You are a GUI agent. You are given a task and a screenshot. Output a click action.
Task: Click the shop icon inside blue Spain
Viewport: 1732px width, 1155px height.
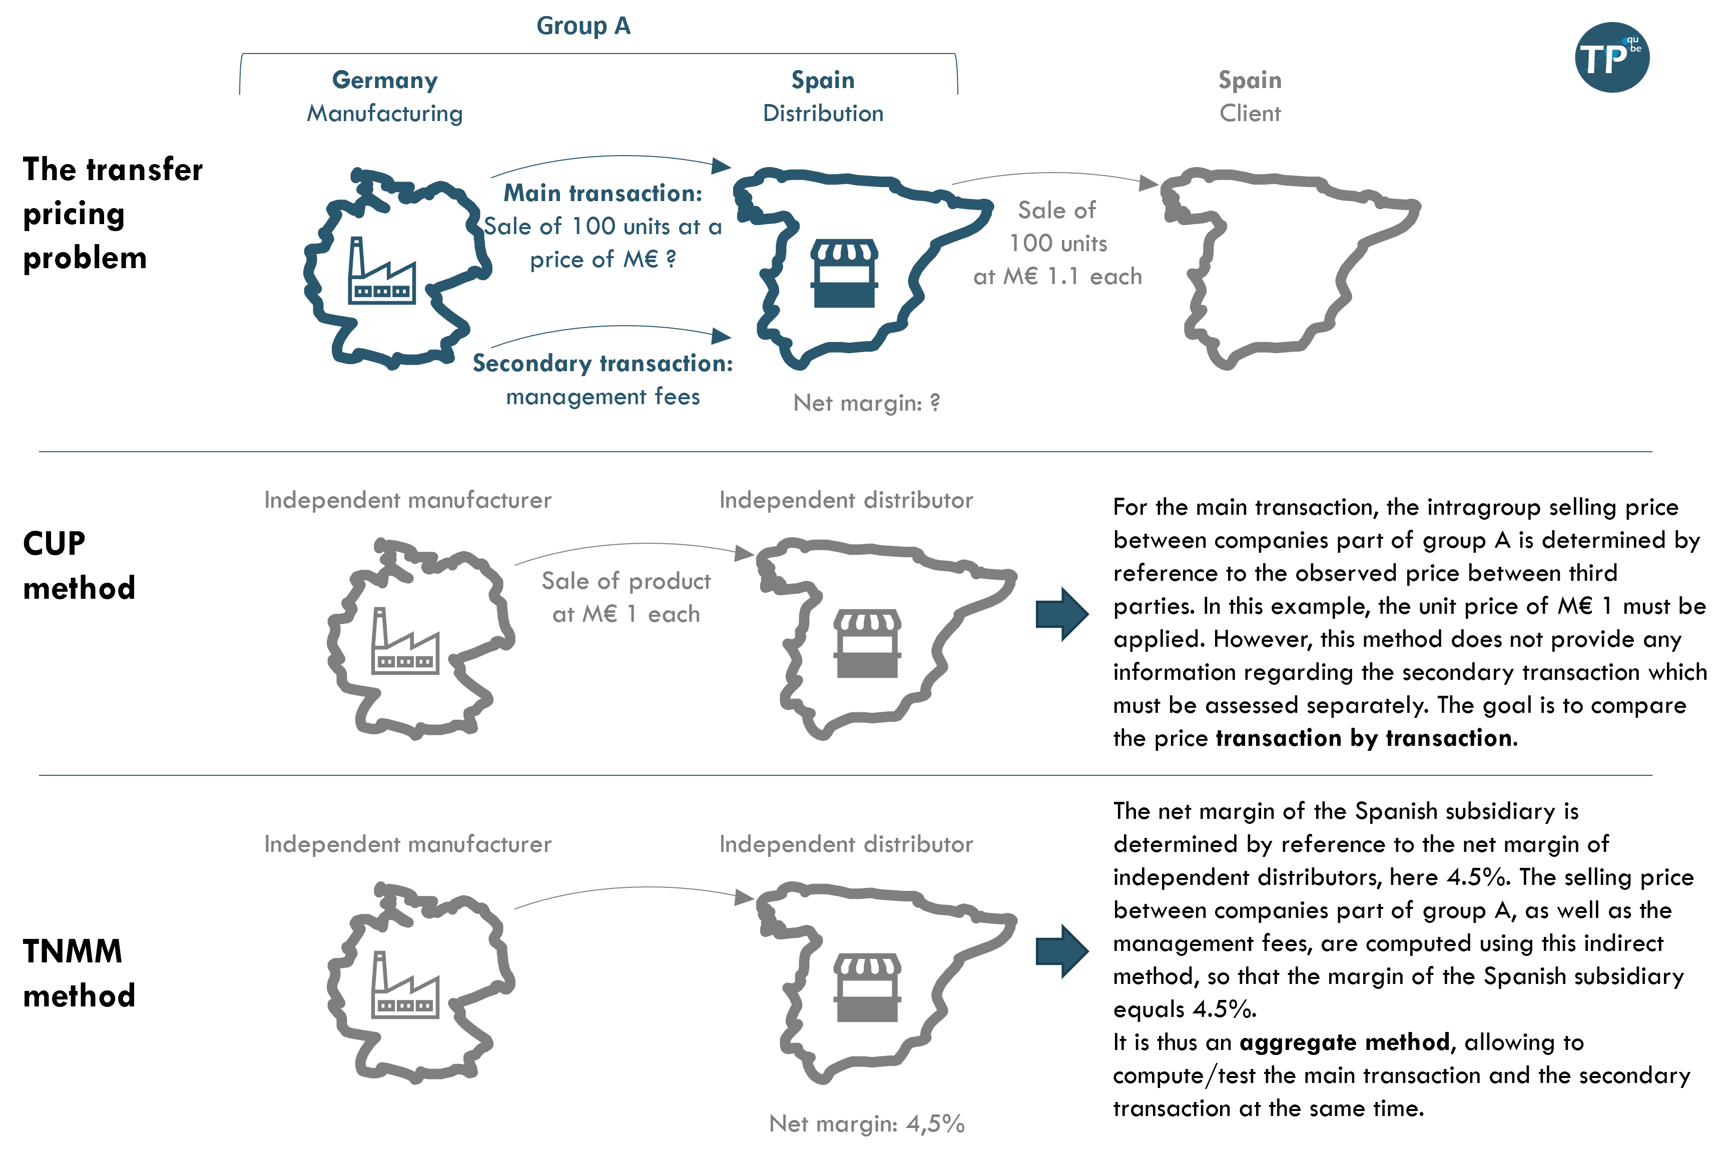(844, 273)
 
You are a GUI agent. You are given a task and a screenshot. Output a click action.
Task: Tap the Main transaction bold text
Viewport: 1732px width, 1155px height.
(603, 194)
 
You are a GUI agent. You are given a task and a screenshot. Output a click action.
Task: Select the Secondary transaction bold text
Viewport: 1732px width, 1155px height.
(603, 364)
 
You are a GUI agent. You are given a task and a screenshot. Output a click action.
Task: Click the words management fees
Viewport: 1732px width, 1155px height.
(603, 397)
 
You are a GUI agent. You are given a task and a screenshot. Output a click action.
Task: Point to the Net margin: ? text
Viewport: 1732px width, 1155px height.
(866, 403)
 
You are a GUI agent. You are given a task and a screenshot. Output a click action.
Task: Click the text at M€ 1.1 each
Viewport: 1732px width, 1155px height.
(1057, 277)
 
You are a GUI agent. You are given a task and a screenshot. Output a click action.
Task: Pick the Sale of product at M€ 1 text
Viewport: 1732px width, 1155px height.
(626, 597)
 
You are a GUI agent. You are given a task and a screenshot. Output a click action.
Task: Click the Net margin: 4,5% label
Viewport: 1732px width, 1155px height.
(866, 1123)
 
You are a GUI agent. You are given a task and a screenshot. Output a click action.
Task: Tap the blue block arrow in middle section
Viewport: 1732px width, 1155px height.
(1061, 614)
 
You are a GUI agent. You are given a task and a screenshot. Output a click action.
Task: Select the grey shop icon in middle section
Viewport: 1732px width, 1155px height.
(867, 643)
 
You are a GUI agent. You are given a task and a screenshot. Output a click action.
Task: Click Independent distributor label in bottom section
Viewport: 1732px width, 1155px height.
(846, 844)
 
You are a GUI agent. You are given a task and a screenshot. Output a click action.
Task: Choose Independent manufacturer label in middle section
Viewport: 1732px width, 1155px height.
(407, 501)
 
